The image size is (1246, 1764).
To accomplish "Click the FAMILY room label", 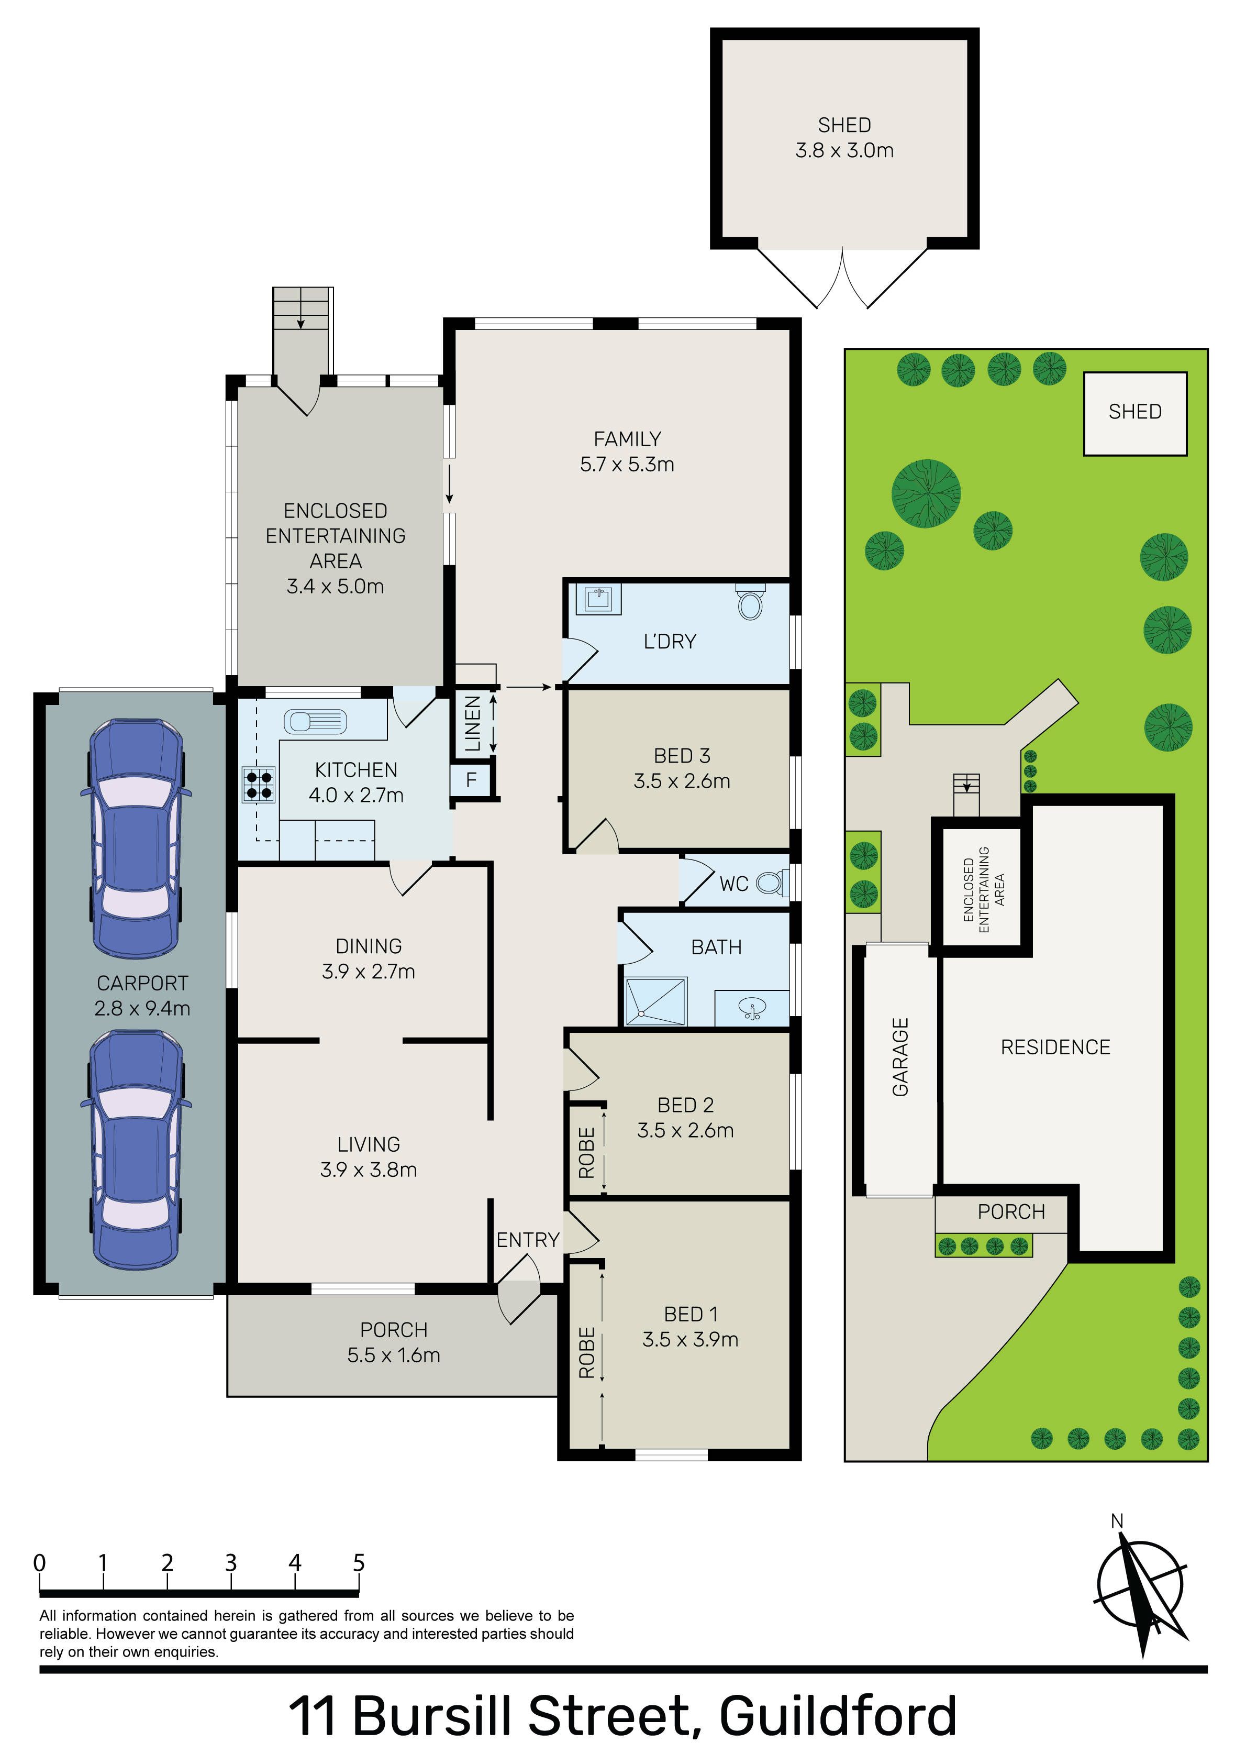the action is coord(627,439).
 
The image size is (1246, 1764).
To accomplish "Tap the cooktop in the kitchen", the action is coord(259,785).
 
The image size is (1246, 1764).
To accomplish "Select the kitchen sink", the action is coord(315,721).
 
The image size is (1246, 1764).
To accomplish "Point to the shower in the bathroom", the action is coord(657,1001).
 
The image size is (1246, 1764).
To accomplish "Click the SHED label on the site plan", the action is coord(1134,412).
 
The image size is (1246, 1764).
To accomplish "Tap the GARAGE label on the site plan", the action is coord(900,1056).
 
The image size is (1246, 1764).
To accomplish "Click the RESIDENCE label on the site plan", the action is coord(1055,1047).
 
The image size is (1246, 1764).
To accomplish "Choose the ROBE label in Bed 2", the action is coord(587,1152).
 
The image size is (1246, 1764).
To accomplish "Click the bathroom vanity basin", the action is coord(752,1009).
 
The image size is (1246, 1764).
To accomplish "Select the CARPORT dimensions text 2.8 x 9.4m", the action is coord(142,1008).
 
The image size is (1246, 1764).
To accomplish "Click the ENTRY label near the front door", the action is coord(528,1240).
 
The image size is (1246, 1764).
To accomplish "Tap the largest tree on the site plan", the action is coord(926,493).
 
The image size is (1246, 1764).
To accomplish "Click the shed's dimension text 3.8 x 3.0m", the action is coord(844,151).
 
